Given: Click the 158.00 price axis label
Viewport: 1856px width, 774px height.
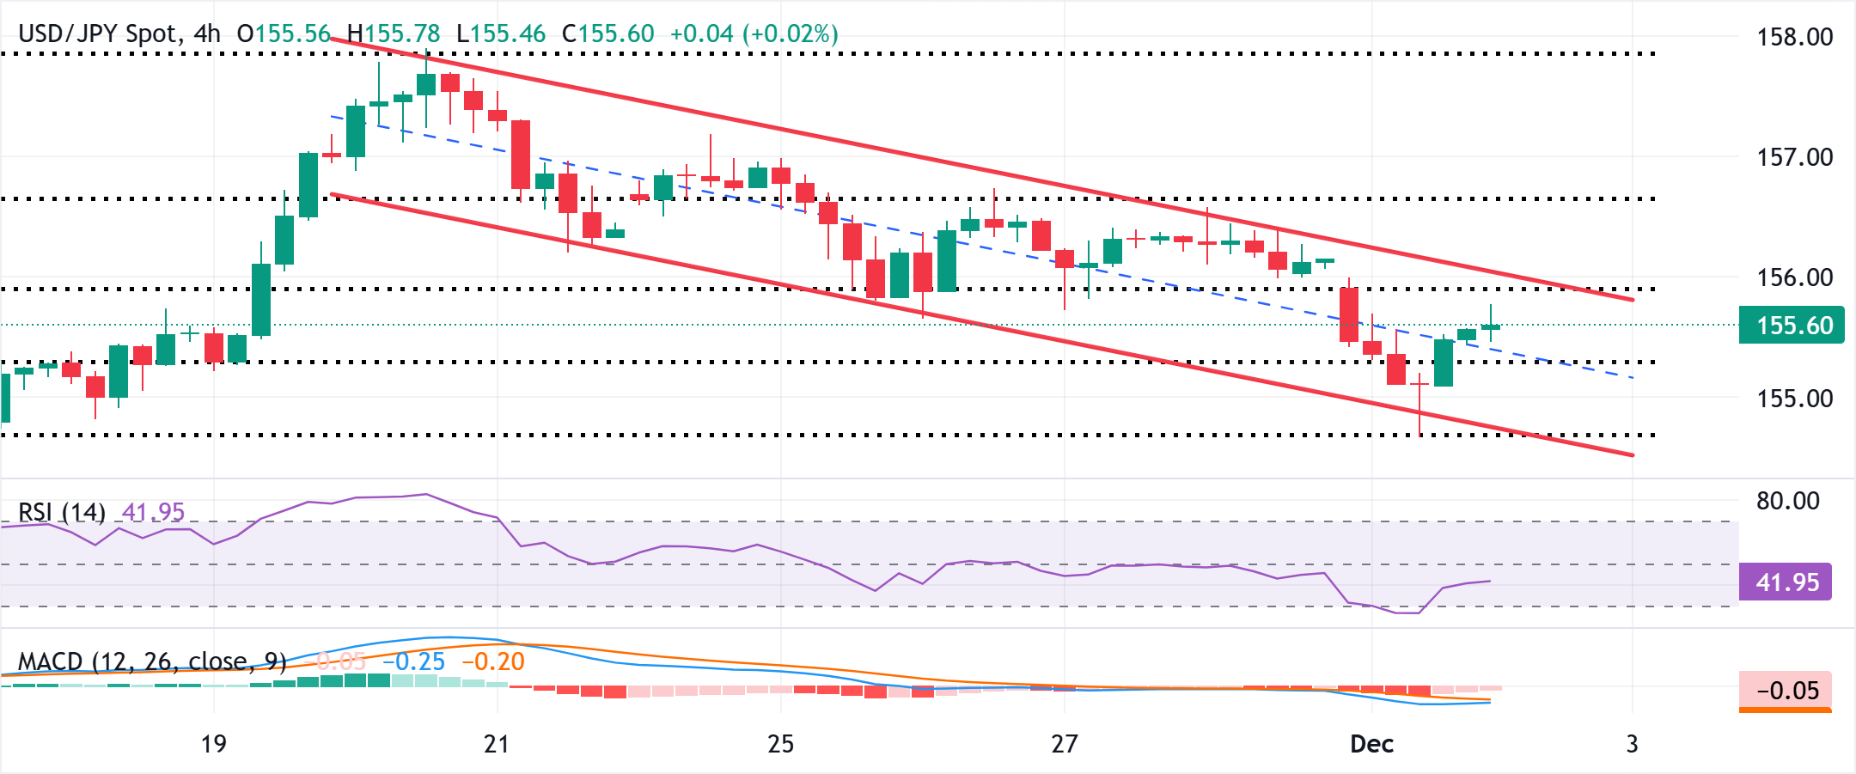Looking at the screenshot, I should tap(1794, 37).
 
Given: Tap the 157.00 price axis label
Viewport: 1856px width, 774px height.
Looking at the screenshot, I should tap(1794, 157).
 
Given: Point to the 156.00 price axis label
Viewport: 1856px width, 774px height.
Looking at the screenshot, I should tap(1794, 277).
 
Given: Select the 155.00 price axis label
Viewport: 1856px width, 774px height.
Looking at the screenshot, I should tap(1794, 399).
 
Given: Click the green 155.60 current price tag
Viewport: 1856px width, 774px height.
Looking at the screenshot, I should tap(1792, 326).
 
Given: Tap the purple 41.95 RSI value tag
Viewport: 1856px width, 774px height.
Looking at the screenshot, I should tap(1786, 582).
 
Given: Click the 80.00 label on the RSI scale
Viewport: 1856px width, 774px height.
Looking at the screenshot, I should tap(1787, 501).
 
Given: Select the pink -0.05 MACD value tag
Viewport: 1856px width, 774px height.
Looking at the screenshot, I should tap(1786, 691).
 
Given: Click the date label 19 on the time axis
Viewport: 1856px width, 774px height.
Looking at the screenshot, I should tap(213, 744).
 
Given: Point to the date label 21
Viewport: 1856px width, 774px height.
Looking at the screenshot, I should tap(497, 744).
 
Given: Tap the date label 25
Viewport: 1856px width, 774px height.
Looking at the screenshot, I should tap(780, 744).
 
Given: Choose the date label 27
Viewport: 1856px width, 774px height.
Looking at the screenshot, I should tap(1064, 744).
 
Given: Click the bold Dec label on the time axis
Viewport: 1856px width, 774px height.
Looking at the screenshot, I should tap(1371, 744).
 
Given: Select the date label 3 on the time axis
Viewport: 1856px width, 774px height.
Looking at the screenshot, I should tap(1632, 744).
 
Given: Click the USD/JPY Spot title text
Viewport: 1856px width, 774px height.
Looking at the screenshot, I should tap(98, 34).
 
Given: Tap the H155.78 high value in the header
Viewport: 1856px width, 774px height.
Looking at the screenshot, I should tap(394, 34).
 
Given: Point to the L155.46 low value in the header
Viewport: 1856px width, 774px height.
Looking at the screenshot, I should tap(501, 34).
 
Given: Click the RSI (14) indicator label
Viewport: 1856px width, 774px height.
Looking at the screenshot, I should tap(62, 513).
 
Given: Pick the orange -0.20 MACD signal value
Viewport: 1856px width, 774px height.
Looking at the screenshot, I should tap(493, 661).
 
